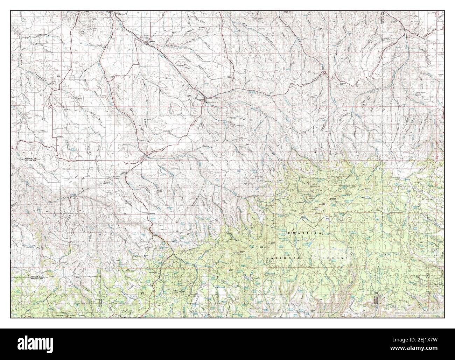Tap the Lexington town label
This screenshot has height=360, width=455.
[141, 41]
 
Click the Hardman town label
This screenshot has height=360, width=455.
[151, 213]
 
